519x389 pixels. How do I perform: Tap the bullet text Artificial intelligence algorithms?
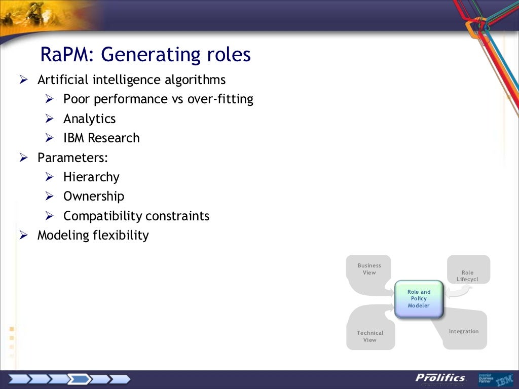tap(131, 80)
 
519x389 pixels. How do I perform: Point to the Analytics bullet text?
tap(89, 119)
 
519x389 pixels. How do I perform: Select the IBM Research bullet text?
tap(101, 138)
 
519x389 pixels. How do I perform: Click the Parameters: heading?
tap(72, 158)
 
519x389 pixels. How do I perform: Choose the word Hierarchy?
tap(91, 177)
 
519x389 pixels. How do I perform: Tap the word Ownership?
tap(93, 197)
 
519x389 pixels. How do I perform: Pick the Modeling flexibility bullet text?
tap(93, 236)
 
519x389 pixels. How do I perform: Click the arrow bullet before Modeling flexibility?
tap(23, 235)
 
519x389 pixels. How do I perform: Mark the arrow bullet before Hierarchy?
tap(49, 177)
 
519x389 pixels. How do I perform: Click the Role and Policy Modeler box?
tap(419, 299)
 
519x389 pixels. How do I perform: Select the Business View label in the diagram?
tap(369, 269)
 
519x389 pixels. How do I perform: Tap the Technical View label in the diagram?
tap(369, 336)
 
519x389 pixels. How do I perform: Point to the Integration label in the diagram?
tap(463, 332)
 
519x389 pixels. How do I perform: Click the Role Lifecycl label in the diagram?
tap(467, 276)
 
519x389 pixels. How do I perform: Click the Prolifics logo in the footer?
tap(440, 378)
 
